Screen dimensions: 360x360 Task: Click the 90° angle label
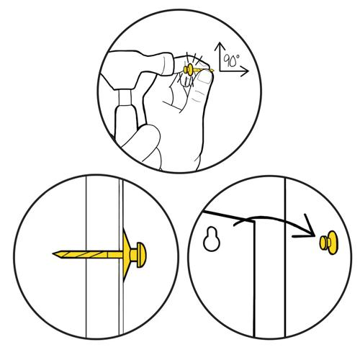[x=231, y=60]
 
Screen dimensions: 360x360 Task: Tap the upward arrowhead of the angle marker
[x=220, y=46]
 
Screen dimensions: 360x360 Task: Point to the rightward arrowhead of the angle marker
[x=244, y=71]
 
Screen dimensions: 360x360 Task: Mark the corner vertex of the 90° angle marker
[x=220, y=71]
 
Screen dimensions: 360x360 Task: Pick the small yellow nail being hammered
[x=197, y=70]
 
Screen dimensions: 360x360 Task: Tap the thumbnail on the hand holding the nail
[x=204, y=78]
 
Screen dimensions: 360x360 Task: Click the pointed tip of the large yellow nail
[x=53, y=253]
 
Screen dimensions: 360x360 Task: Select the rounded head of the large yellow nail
[x=141, y=255]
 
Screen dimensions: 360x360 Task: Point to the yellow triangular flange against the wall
[x=126, y=255]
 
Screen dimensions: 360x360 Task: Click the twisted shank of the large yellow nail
[x=88, y=254]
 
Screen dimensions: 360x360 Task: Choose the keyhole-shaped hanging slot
[x=212, y=239]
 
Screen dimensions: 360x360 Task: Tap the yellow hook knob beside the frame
[x=328, y=243]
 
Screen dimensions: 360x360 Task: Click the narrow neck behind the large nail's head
[x=133, y=255]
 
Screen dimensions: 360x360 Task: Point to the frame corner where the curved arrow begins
[x=253, y=222]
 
